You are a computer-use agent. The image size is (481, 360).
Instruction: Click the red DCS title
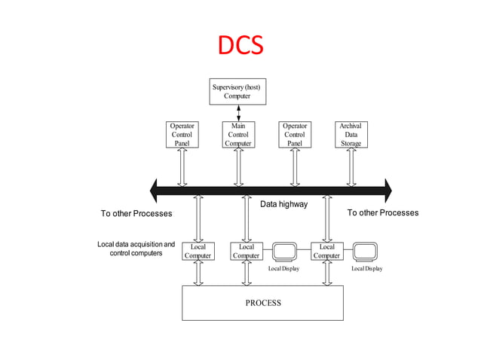coord(240,45)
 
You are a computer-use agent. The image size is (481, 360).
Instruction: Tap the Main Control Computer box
coord(238,134)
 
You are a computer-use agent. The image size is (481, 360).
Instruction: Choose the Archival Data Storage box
coord(351,134)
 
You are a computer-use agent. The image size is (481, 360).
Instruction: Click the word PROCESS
coord(262,303)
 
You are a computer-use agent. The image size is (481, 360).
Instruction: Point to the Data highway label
coord(283,204)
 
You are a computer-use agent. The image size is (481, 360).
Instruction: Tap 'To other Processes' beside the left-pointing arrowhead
coord(136,214)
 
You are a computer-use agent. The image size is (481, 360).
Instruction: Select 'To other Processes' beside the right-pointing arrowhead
coord(382,213)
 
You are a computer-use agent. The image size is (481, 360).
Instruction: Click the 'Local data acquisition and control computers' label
coord(136,249)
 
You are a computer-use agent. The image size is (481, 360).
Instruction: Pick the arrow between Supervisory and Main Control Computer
coord(238,113)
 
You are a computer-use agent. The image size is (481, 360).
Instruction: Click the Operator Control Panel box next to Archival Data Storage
coord(294,134)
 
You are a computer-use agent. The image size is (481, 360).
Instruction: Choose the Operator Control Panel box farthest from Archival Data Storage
coord(182,134)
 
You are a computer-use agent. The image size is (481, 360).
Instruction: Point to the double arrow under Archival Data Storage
coord(351,166)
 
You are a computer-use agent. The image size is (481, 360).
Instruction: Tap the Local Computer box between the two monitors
coord(326,251)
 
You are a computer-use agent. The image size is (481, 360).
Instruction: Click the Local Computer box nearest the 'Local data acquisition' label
coord(198,251)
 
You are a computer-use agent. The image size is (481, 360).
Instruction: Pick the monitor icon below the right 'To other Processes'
coord(365,251)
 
